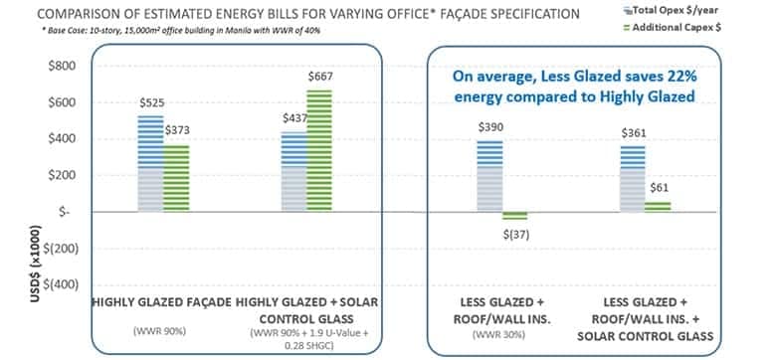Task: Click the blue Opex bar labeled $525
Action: tap(150, 163)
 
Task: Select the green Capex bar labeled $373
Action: tap(175, 178)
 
